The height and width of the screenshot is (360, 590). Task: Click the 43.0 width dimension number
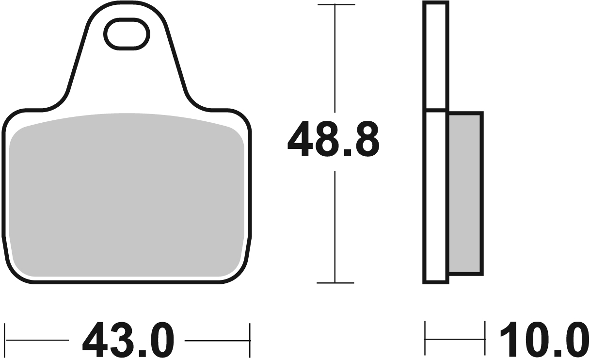click(128, 340)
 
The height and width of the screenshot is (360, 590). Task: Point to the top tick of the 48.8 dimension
click(335, 5)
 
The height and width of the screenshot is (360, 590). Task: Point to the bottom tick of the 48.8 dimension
click(335, 283)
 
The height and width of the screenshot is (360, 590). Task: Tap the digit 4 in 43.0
click(96, 340)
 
